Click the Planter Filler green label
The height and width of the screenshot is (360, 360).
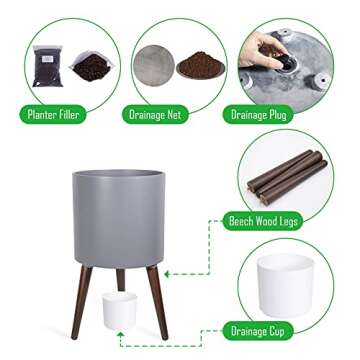(53, 115)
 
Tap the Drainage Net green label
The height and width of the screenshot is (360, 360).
(155, 115)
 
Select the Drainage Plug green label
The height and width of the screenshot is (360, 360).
(258, 115)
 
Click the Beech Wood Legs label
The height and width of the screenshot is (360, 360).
(263, 221)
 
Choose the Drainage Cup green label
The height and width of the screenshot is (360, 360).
(258, 331)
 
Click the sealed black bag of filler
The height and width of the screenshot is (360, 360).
(48, 66)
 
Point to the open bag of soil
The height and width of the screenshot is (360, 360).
(92, 66)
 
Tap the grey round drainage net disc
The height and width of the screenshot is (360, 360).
(154, 66)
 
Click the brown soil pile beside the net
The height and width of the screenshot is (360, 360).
(200, 65)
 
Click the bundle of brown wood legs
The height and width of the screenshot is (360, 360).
(287, 177)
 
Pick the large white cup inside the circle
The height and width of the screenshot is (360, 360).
(286, 284)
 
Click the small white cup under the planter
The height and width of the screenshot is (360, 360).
(119, 310)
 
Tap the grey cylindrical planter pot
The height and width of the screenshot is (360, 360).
(119, 218)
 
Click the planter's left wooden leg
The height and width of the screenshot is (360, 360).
(81, 302)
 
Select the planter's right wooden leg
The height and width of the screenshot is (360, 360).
(157, 302)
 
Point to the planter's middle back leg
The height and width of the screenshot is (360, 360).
(120, 279)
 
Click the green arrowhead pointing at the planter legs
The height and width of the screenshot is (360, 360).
(167, 274)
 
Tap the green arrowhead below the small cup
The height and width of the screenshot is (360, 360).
(120, 335)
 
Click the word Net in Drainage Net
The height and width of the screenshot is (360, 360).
(174, 115)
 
